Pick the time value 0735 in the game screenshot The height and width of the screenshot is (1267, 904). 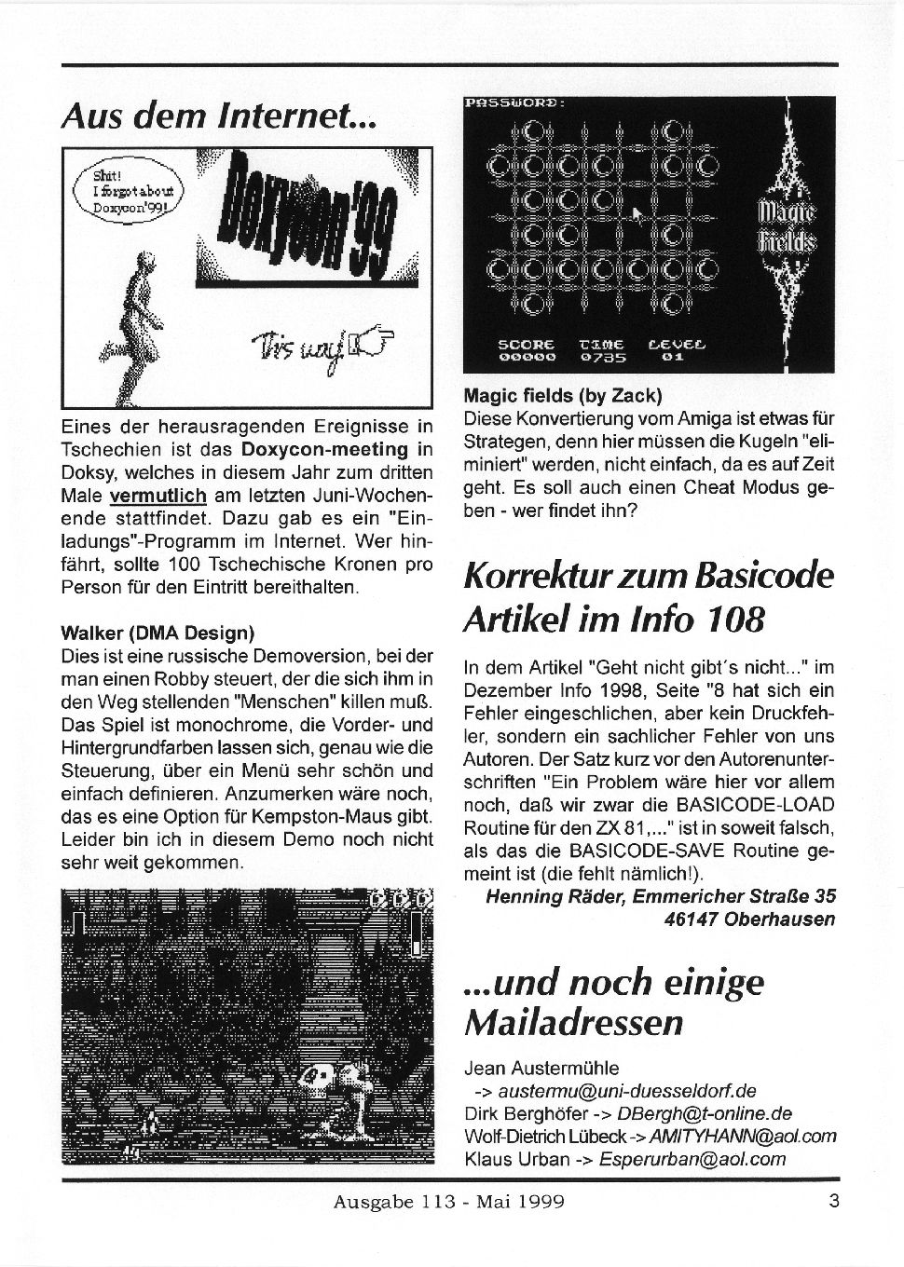(603, 355)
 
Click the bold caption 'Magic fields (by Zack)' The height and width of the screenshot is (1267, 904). (562, 394)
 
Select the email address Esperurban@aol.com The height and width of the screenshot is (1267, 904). (692, 1160)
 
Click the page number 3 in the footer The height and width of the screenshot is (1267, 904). (833, 1200)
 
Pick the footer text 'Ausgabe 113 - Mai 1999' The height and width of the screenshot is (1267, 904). (449, 1202)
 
